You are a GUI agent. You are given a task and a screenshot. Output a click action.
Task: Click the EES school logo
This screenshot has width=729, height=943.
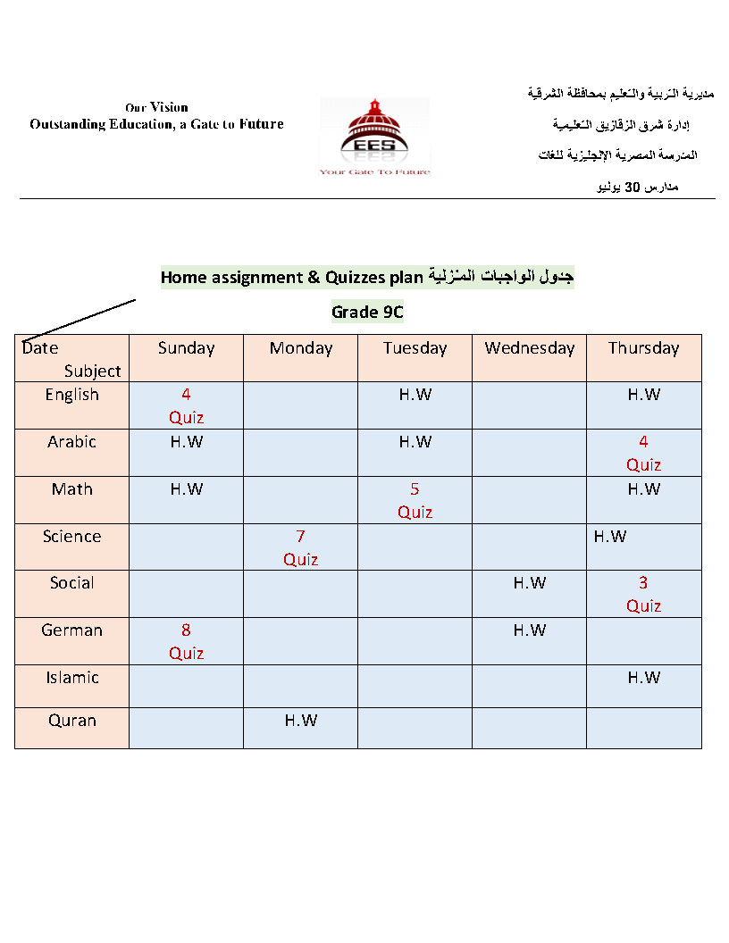click(x=374, y=136)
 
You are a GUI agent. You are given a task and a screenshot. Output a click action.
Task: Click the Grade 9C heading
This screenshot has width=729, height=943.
click(x=367, y=312)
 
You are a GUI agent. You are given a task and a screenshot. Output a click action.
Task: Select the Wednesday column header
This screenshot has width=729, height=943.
click(x=530, y=348)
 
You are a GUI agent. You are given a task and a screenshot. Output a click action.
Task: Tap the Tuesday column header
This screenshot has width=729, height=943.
click(x=415, y=348)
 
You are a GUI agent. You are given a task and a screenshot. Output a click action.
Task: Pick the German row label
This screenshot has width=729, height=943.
click(x=71, y=630)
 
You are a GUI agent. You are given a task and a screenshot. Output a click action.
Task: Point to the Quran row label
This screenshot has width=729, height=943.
click(x=71, y=721)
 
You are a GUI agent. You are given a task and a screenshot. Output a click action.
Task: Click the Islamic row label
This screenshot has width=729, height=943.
click(x=71, y=678)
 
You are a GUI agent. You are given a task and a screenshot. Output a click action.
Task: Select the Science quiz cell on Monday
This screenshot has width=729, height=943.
click(x=301, y=547)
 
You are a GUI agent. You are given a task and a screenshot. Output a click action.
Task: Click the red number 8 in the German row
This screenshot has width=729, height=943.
click(x=186, y=630)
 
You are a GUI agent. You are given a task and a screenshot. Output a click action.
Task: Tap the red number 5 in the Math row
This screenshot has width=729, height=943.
click(x=415, y=489)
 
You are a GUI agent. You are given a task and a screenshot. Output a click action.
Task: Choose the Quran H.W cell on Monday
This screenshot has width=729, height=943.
click(x=301, y=721)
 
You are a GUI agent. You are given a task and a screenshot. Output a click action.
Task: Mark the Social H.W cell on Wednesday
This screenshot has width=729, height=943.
click(x=530, y=583)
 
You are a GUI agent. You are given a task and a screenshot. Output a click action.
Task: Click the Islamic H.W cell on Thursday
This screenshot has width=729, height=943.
click(x=643, y=678)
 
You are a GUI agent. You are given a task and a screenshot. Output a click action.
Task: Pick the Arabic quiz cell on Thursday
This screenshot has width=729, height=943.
click(x=643, y=453)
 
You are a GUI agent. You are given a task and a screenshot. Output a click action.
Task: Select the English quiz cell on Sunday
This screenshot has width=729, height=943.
click(x=186, y=405)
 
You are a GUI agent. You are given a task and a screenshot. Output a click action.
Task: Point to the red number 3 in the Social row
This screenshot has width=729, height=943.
click(x=643, y=583)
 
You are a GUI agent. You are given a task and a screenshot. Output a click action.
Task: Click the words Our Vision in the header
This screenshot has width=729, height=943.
click(x=156, y=107)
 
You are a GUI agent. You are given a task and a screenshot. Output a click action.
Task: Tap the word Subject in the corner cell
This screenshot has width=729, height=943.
click(x=92, y=371)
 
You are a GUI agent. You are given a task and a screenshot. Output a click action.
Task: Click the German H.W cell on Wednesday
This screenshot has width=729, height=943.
click(x=530, y=630)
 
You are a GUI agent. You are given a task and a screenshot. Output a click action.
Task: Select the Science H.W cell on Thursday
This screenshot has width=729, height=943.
click(x=610, y=537)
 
